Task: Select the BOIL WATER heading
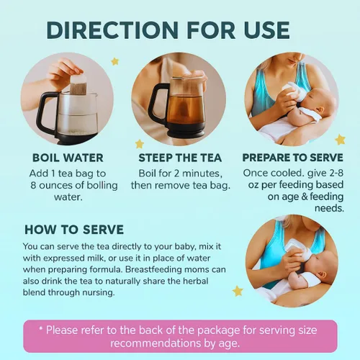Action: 68,158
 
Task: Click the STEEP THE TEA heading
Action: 180,158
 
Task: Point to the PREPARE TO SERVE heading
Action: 293,158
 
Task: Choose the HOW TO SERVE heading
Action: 74,230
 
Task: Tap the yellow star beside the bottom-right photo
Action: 238,291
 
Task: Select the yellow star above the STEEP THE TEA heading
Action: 140,144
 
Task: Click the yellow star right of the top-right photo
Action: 340,140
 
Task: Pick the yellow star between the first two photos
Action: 115,61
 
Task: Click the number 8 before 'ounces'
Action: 33,185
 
